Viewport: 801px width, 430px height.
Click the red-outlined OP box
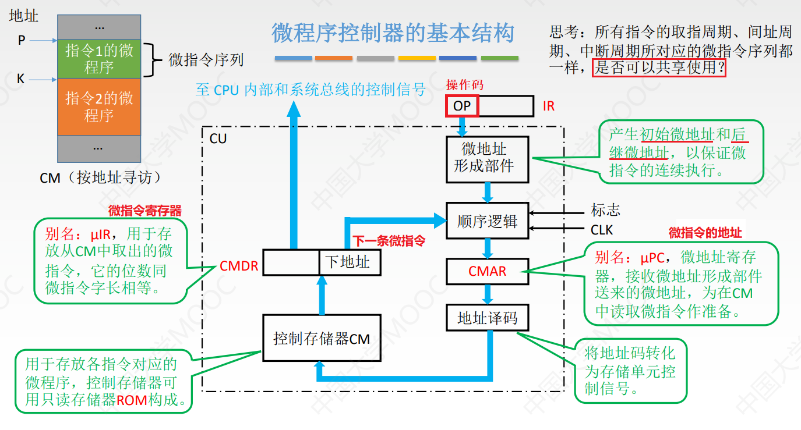[462, 106]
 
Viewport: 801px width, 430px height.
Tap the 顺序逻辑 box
[488, 221]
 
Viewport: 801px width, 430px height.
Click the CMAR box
[488, 271]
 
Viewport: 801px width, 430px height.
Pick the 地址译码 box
[488, 318]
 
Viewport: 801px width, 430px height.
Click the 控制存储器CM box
[322, 339]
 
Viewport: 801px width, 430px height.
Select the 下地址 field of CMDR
[349, 262]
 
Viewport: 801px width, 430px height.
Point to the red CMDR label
[239, 266]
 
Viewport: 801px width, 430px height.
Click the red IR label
[548, 106]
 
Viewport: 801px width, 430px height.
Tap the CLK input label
[602, 230]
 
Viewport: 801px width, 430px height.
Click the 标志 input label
[605, 211]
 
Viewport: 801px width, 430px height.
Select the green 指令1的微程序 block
[99, 59]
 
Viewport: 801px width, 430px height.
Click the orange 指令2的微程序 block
[99, 106]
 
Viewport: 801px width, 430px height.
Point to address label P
[22, 41]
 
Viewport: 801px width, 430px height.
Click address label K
[21, 79]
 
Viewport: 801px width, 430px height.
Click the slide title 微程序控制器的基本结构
[393, 33]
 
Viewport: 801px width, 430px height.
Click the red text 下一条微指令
[389, 240]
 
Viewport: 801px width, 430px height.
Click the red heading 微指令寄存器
[144, 211]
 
